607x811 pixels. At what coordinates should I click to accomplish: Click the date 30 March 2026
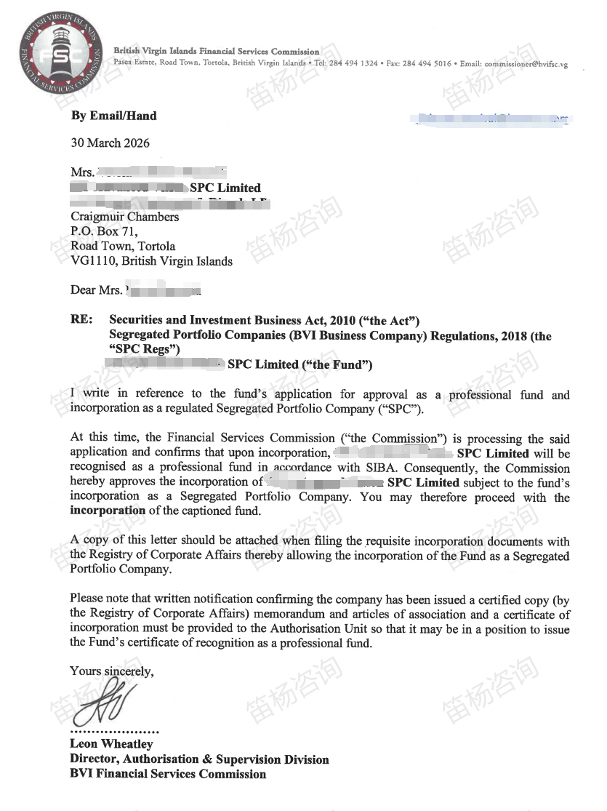(x=110, y=143)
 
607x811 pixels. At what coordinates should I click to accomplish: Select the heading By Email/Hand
(x=113, y=116)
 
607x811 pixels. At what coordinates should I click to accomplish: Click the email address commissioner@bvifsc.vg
(x=526, y=64)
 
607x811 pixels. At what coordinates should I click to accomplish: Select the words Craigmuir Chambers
(x=124, y=217)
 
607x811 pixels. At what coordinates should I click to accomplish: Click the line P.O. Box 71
(x=104, y=231)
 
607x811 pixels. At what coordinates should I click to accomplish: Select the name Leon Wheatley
(x=111, y=744)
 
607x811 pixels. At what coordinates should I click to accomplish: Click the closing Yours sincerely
(x=111, y=671)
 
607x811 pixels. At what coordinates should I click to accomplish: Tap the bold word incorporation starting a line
(x=108, y=510)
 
